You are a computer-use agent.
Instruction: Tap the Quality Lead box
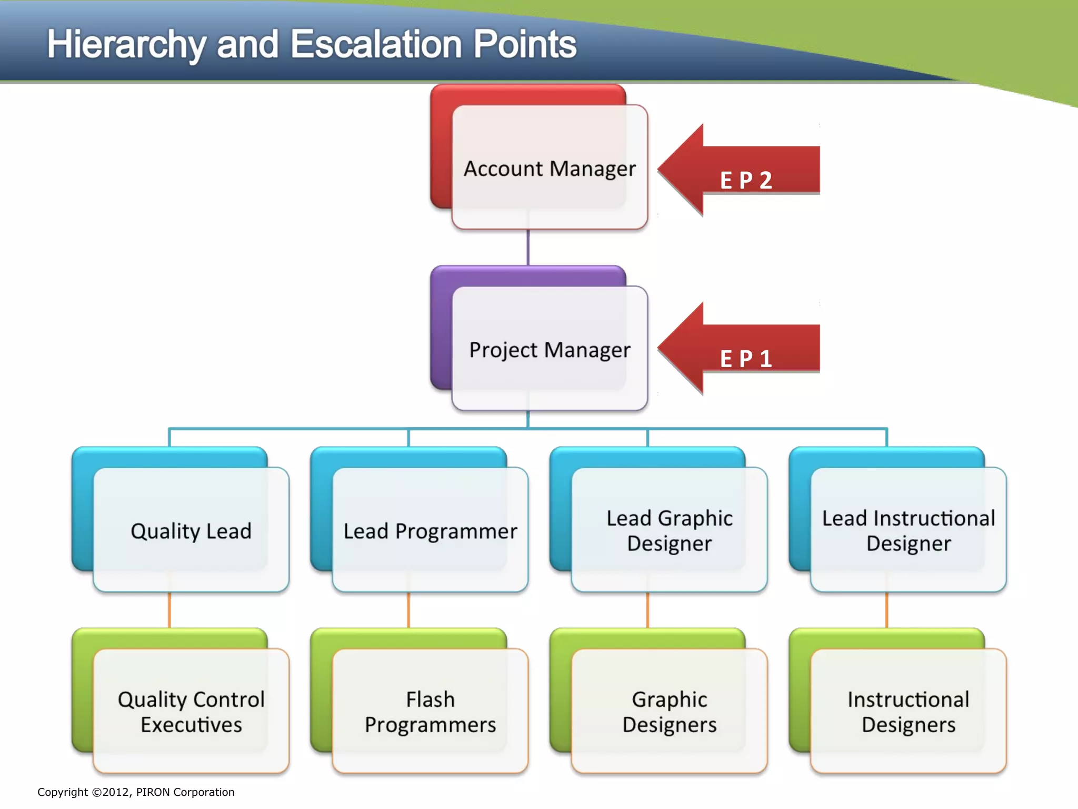point(191,530)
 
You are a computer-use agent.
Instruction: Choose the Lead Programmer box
point(430,530)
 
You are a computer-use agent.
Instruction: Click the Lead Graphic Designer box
point(669,530)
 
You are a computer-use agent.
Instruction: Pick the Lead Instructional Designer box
point(908,530)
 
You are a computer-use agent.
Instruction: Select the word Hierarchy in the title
point(126,45)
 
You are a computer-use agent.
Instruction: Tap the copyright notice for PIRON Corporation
point(136,792)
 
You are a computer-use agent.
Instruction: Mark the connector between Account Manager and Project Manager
point(528,248)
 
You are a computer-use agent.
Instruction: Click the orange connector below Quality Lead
point(169,610)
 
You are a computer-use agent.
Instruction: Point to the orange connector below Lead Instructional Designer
point(886,610)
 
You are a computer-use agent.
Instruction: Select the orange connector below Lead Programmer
point(408,610)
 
